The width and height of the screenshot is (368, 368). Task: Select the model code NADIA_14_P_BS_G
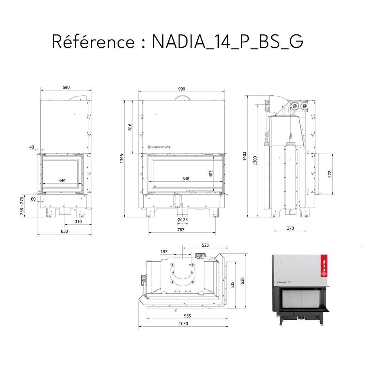coord(227,42)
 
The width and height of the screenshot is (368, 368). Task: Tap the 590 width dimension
coord(66,88)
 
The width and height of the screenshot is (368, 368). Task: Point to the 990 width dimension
coord(182,89)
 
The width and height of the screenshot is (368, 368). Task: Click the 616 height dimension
coord(130,127)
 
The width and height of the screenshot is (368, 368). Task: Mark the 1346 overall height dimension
coord(122,159)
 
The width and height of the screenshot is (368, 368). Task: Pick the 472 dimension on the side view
coord(329,174)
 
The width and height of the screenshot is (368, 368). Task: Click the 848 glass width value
coord(186,179)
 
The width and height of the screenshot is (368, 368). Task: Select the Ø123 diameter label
coord(182,220)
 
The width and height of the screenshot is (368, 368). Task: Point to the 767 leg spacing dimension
coord(181,230)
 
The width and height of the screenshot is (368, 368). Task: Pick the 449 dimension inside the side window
coord(62,181)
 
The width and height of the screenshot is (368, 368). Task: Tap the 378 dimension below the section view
coord(290,228)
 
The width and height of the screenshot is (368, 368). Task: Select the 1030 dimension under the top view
coord(183,324)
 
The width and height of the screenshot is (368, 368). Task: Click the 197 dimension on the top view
coord(164,252)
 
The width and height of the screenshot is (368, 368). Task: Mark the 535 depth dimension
coord(233,285)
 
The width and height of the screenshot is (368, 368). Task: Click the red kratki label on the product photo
coord(323,266)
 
